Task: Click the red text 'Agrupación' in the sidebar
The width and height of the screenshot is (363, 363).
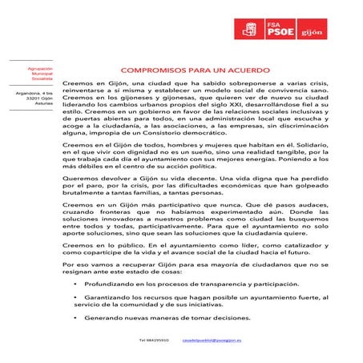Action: [x=39, y=70]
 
